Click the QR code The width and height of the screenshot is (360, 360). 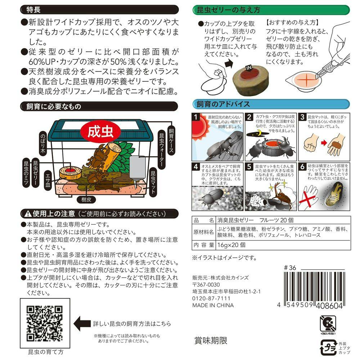(x=45, y=324)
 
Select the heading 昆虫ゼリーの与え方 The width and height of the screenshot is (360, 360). (x=227, y=10)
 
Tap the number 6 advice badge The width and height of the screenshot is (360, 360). (x=303, y=167)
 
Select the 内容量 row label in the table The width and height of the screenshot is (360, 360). (x=204, y=244)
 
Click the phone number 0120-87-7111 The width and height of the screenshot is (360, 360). (x=211, y=298)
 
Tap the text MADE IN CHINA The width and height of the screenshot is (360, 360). (x=213, y=305)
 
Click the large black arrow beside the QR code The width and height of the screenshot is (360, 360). (x=84, y=321)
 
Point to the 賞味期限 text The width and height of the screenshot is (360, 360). (x=211, y=341)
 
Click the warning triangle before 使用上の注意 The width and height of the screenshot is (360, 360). (x=28, y=213)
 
